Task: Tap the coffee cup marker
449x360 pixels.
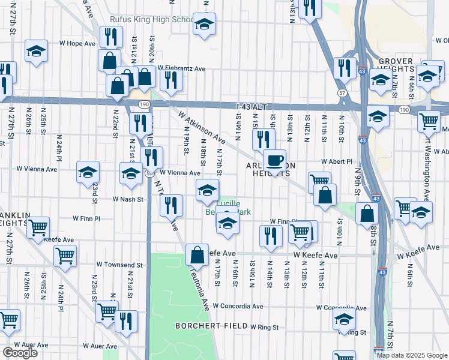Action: (274, 161)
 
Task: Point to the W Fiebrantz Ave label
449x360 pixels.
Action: (182, 69)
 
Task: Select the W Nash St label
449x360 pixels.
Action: (128, 199)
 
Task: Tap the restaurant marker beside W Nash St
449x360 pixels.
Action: (171, 205)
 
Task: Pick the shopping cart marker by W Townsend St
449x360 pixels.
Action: (65, 256)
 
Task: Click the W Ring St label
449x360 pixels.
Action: (264, 328)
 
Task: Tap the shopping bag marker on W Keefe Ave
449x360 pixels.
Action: (197, 255)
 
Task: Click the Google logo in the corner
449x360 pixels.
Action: (20, 353)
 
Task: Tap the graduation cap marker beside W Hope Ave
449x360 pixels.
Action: (36, 51)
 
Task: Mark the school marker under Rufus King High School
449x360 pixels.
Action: (204, 25)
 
